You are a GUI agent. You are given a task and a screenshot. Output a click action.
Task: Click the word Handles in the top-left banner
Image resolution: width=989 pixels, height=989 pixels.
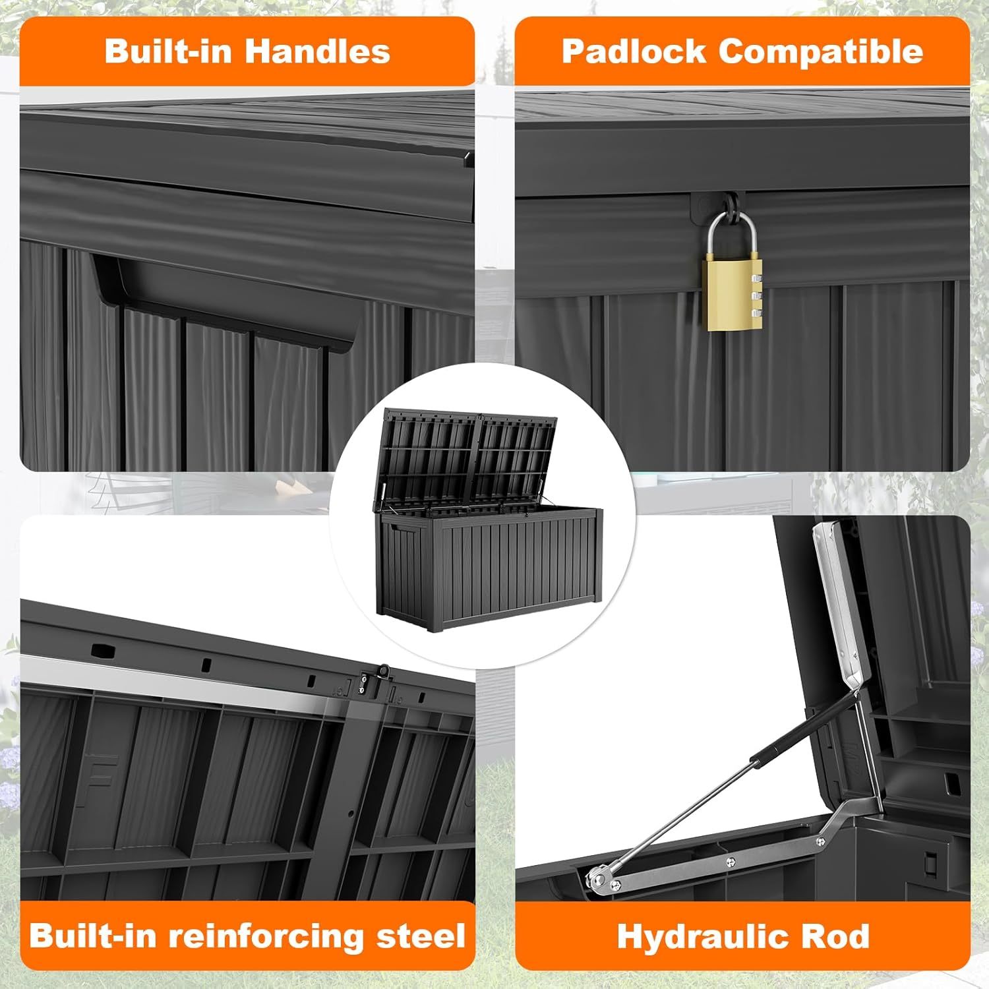tap(319, 51)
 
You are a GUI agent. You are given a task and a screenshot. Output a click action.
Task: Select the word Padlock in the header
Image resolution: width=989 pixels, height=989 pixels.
tap(633, 51)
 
